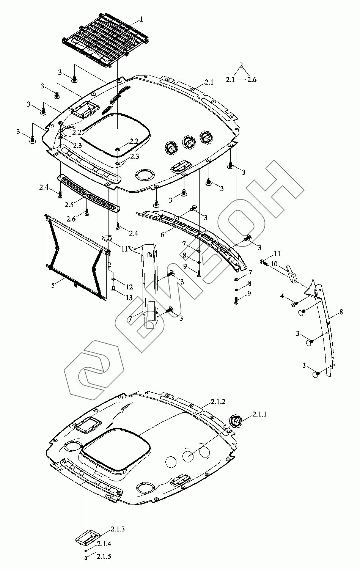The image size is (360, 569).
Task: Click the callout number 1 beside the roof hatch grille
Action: coord(141,19)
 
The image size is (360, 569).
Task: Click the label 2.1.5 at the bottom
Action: coord(104,556)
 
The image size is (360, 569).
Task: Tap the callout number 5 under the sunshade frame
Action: coord(53,284)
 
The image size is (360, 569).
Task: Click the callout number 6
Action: coord(162,235)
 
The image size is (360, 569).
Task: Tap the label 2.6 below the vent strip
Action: coord(72,219)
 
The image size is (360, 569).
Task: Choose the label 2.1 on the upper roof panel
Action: coord(209,82)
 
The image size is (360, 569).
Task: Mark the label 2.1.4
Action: coord(104,544)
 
